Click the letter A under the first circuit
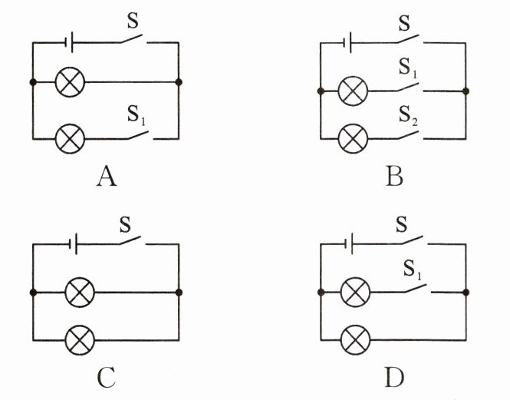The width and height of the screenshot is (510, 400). pos(107,177)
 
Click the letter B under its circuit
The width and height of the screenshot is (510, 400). pos(394,177)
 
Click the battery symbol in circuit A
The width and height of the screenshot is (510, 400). pos(70,44)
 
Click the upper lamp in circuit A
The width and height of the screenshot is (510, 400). pos(71,81)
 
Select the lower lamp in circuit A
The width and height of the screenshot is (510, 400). pos(71,139)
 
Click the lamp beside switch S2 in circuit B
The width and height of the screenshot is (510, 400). pos(354,139)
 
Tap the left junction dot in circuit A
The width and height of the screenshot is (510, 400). pos(33,81)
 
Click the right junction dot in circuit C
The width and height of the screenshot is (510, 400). pos(179,293)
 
